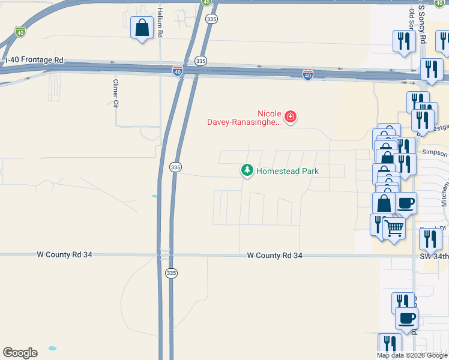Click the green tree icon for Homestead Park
[x=247, y=170]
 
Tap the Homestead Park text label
[x=287, y=171]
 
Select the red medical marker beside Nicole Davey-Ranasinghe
[x=291, y=116]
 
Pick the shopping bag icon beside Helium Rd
[x=142, y=28]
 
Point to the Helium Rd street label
[x=160, y=23]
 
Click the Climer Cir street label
[x=116, y=92]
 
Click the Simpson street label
[x=435, y=154]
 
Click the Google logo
[x=20, y=353]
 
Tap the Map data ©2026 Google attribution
[x=412, y=355]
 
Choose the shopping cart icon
[x=394, y=227]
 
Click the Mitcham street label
[x=445, y=195]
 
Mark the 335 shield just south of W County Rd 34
[x=171, y=273]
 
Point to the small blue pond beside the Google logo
[x=52, y=348]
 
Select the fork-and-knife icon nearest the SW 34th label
[x=430, y=238]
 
